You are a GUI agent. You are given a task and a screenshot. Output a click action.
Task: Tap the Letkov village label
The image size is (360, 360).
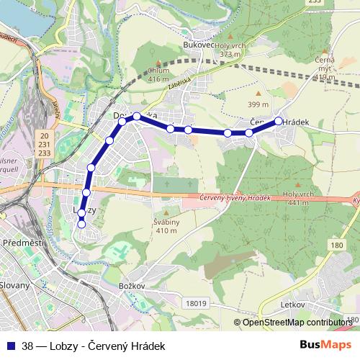click(x=294, y=305)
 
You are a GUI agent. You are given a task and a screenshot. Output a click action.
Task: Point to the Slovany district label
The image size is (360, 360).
click(x=16, y=285)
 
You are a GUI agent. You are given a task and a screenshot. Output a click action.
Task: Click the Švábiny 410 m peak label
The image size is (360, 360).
click(x=166, y=225)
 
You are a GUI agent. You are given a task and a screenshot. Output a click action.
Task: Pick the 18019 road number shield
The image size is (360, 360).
click(x=194, y=304)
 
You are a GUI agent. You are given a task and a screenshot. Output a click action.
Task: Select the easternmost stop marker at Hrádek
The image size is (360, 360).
click(x=279, y=122)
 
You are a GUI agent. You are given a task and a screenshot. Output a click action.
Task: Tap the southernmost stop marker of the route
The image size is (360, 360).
click(x=81, y=224)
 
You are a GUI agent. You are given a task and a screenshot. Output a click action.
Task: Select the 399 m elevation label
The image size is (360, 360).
click(x=258, y=105)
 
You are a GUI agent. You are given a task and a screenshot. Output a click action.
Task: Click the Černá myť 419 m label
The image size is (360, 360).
click(x=325, y=68)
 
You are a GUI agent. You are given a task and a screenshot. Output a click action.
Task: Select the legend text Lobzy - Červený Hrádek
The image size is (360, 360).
click(x=108, y=346)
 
